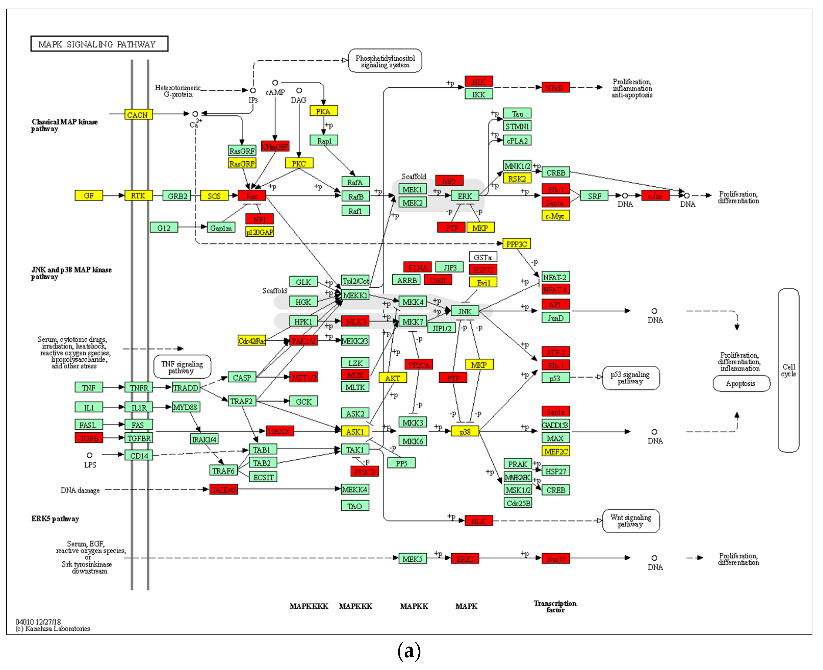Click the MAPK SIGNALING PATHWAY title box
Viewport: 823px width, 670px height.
pos(99,44)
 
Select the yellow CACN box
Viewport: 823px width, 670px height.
pos(138,115)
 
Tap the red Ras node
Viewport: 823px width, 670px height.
pos(252,196)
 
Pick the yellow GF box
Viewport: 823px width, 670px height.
pos(89,196)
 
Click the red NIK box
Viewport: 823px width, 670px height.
pos(478,81)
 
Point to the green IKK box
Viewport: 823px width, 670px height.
pos(478,94)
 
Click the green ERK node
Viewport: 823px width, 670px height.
pos(465,196)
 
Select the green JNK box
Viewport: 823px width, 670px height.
pos(465,311)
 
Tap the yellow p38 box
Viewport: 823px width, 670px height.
pos(465,431)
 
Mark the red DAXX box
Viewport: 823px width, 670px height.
pos(279,431)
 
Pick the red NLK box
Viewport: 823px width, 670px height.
pos(478,521)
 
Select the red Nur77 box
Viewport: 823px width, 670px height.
pos(556,559)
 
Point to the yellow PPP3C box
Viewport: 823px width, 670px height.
pos(517,244)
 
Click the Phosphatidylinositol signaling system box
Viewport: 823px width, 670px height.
pos(385,61)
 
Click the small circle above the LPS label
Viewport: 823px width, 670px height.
pos(89,455)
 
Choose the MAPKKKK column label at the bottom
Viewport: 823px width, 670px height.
pos(309,606)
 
